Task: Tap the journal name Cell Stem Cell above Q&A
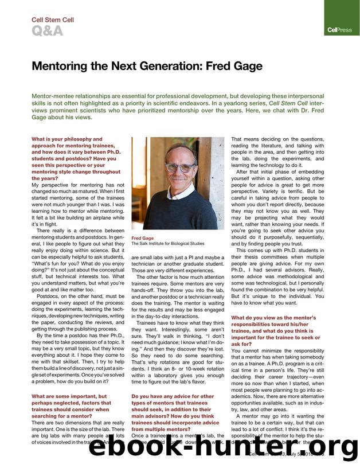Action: pos(52,20)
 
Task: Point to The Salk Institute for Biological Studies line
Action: pos(168,243)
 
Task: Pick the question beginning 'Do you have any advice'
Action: pos(173,396)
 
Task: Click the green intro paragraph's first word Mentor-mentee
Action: pos(53,96)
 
